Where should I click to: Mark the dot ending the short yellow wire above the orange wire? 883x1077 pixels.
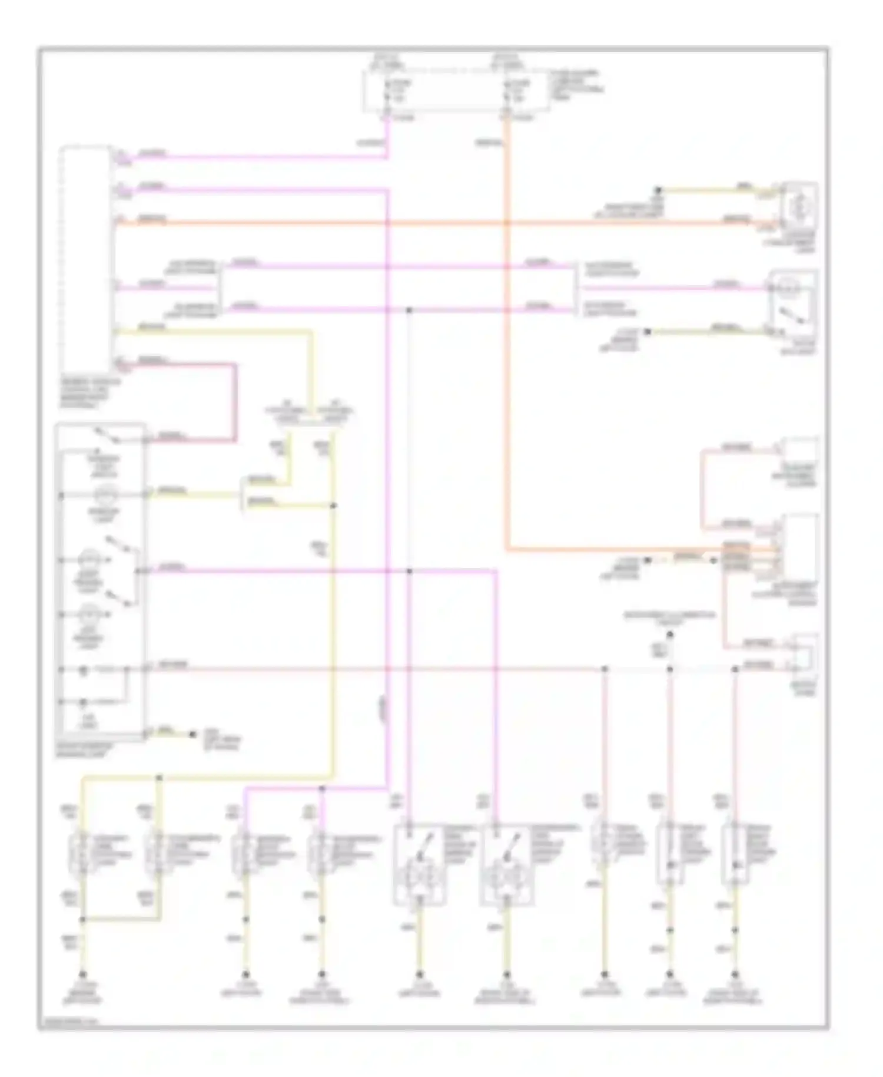pyautogui.click(x=659, y=190)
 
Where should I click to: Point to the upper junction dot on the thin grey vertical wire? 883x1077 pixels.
pyautogui.click(x=409, y=309)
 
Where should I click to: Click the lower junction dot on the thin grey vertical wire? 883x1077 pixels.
pyautogui.click(x=409, y=571)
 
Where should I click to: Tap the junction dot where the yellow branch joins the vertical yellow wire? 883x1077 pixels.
pyautogui.click(x=333, y=506)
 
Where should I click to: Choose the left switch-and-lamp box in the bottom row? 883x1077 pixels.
pyautogui.click(x=419, y=864)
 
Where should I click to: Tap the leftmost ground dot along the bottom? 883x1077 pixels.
pyautogui.click(x=83, y=974)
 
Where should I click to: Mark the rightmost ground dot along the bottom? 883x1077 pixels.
pyautogui.click(x=735, y=974)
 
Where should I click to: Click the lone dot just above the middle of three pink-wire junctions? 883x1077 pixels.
pyautogui.click(x=669, y=635)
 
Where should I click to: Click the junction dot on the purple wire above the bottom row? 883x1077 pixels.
pyautogui.click(x=321, y=788)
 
